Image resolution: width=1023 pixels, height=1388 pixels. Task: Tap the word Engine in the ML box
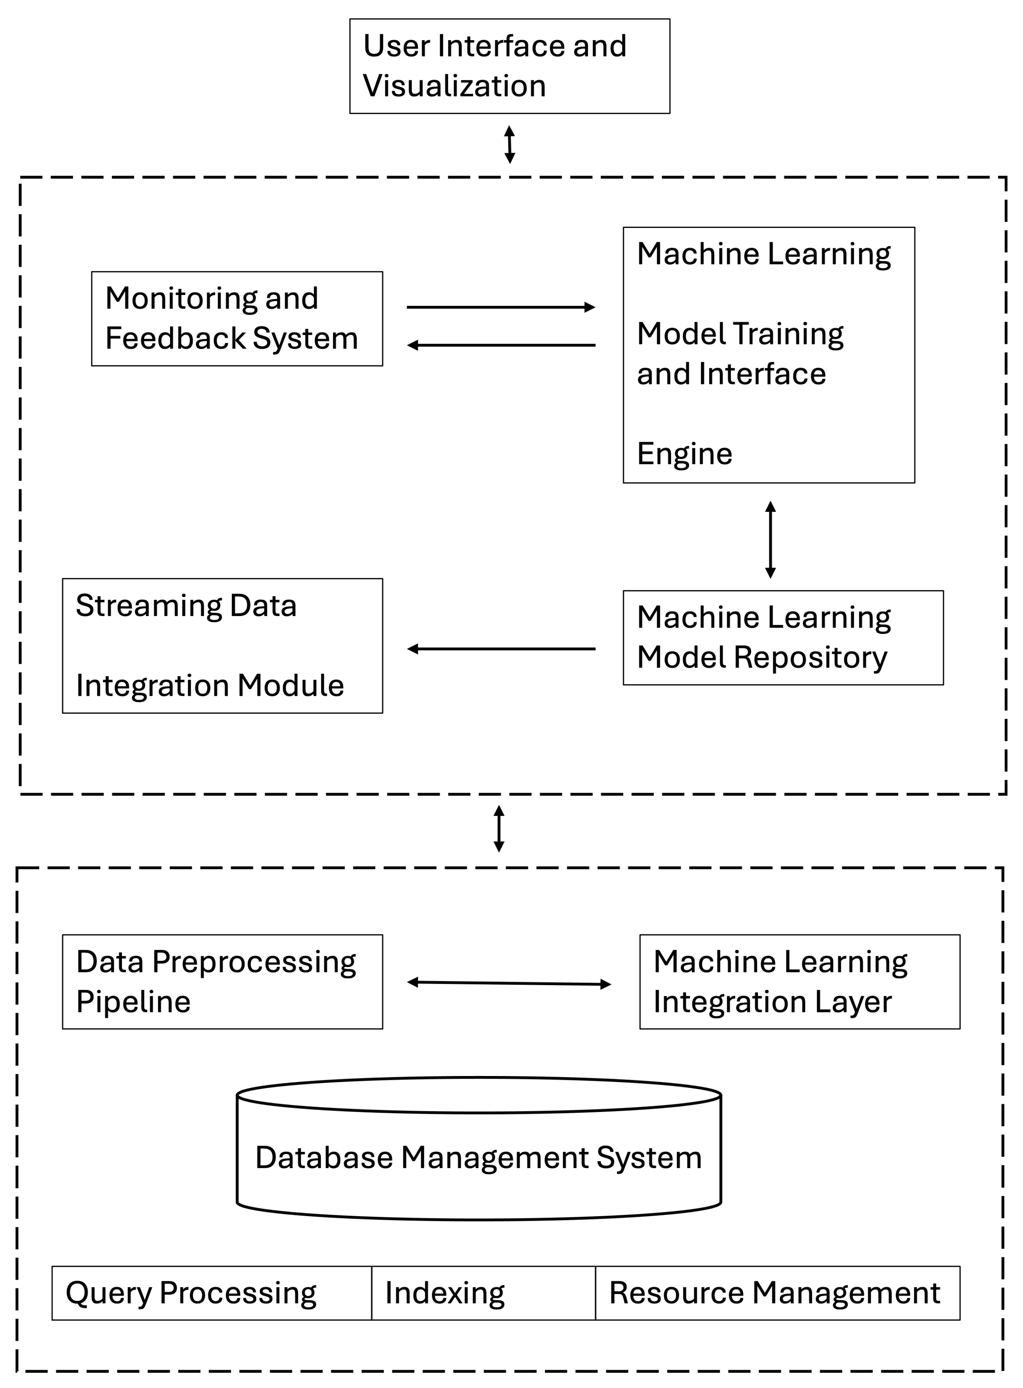click(x=684, y=454)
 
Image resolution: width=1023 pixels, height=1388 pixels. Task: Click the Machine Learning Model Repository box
click(x=783, y=637)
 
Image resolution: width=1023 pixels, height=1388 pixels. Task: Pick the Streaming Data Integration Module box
click(x=222, y=645)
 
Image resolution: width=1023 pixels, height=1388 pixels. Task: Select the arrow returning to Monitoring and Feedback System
click(x=500, y=345)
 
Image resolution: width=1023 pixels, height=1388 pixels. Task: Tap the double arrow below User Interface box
click(x=509, y=144)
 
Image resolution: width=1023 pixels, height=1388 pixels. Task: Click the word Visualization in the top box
click(x=454, y=86)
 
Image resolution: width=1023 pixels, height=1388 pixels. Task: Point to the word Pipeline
click(x=133, y=1002)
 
